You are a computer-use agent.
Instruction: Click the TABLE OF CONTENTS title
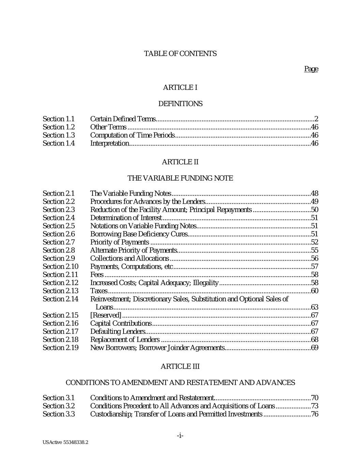[x=180, y=54]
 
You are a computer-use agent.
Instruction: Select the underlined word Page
[x=311, y=69]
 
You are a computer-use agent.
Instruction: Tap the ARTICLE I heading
[x=180, y=88]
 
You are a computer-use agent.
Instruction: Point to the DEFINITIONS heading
[x=180, y=104]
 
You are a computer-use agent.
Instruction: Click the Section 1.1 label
[x=58, y=119]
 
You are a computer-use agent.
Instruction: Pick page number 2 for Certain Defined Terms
[x=316, y=119]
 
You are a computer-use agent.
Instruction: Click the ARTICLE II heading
[x=180, y=162]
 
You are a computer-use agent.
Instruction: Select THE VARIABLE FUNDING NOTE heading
[x=180, y=178]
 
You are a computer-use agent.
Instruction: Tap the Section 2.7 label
[x=58, y=242]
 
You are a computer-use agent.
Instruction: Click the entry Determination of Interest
[x=126, y=218]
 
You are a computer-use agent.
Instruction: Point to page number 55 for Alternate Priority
[x=314, y=251]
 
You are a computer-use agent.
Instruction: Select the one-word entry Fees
[x=97, y=275]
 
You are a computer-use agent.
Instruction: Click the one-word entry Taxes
[x=99, y=291]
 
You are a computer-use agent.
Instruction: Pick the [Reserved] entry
[x=105, y=315]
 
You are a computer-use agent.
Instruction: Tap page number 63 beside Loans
[x=314, y=307]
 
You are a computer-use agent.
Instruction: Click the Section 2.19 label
[x=60, y=348]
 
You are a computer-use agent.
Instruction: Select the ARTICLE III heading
[x=180, y=367]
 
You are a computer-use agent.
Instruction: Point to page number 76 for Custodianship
[x=314, y=414]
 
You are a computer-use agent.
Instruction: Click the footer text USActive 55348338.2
[x=66, y=442]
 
